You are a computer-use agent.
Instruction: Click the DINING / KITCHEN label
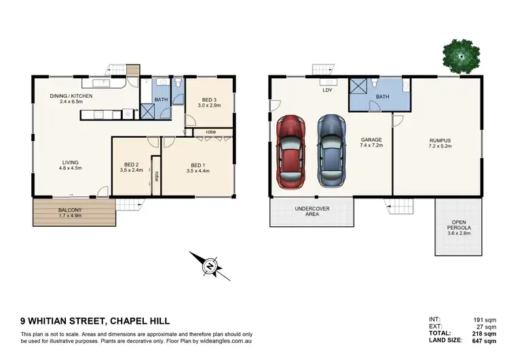pos(71,99)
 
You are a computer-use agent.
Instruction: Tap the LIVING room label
pos(70,165)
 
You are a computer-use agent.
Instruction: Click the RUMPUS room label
pos(440,143)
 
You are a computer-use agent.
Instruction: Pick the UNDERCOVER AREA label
pos(312,211)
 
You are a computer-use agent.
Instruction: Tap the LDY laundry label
pos(326,89)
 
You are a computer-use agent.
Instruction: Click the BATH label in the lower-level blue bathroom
pos(382,97)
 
